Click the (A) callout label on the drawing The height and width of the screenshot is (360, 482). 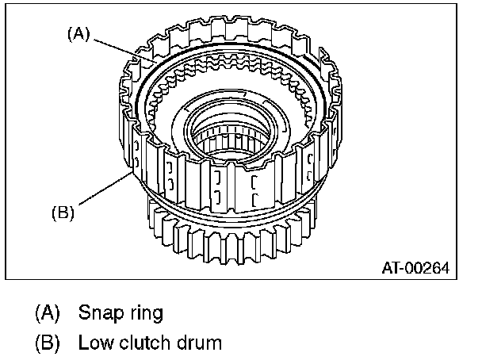[79, 34]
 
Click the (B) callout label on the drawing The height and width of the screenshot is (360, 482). [63, 213]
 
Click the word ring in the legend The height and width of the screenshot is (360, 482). [143, 313]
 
